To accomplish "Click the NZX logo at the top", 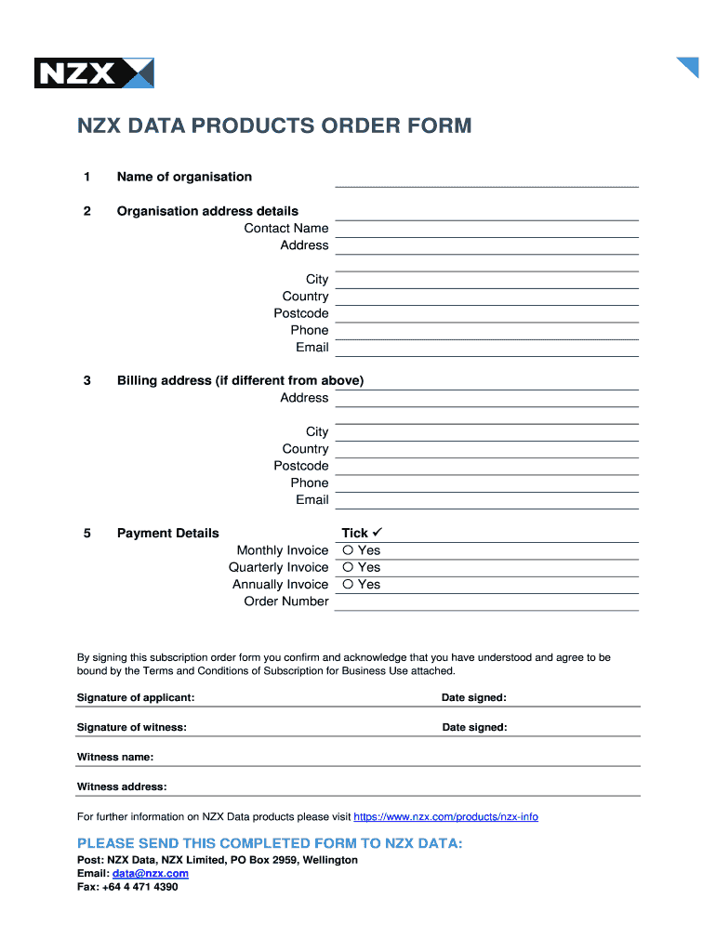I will [93, 73].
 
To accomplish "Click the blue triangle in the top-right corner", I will [690, 65].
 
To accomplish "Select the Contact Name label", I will [285, 228].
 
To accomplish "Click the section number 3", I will [86, 380].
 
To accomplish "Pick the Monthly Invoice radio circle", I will [348, 550].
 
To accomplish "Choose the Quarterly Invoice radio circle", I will [348, 567].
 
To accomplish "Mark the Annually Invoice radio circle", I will [348, 584].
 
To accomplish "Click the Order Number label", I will [285, 602].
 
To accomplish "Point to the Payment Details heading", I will [167, 533].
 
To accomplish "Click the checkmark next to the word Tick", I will [378, 533].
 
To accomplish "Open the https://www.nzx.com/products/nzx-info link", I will [445, 817].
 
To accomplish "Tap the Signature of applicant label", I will [136, 698].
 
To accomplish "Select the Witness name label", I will [115, 757].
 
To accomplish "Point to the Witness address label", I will [122, 787].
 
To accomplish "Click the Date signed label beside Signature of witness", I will [474, 727].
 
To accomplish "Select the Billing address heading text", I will [240, 380].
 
